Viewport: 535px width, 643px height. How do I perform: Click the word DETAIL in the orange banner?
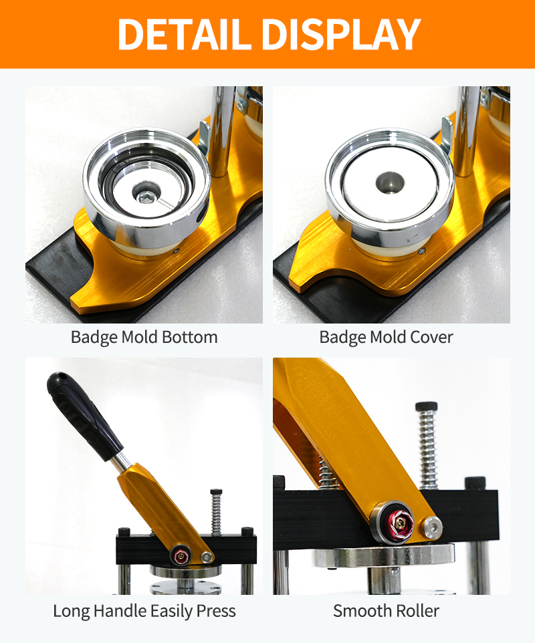pyautogui.click(x=184, y=34)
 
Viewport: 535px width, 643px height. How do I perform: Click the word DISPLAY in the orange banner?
pyautogui.click(x=341, y=34)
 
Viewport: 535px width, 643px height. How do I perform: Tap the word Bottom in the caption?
pyautogui.click(x=190, y=337)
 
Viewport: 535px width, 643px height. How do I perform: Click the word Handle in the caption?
pyautogui.click(x=120, y=611)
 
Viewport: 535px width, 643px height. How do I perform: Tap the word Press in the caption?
pyautogui.click(x=216, y=612)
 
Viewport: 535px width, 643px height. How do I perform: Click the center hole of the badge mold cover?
pyautogui.click(x=390, y=182)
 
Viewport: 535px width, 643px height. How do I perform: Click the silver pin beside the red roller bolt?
pyautogui.click(x=433, y=527)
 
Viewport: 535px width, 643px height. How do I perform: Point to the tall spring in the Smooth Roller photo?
pyautogui.click(x=427, y=448)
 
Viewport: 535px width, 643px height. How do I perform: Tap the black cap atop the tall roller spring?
pyautogui.click(x=426, y=406)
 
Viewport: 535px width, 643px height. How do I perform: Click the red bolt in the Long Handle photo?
pyautogui.click(x=181, y=556)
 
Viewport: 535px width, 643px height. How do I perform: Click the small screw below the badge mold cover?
pyautogui.click(x=421, y=251)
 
